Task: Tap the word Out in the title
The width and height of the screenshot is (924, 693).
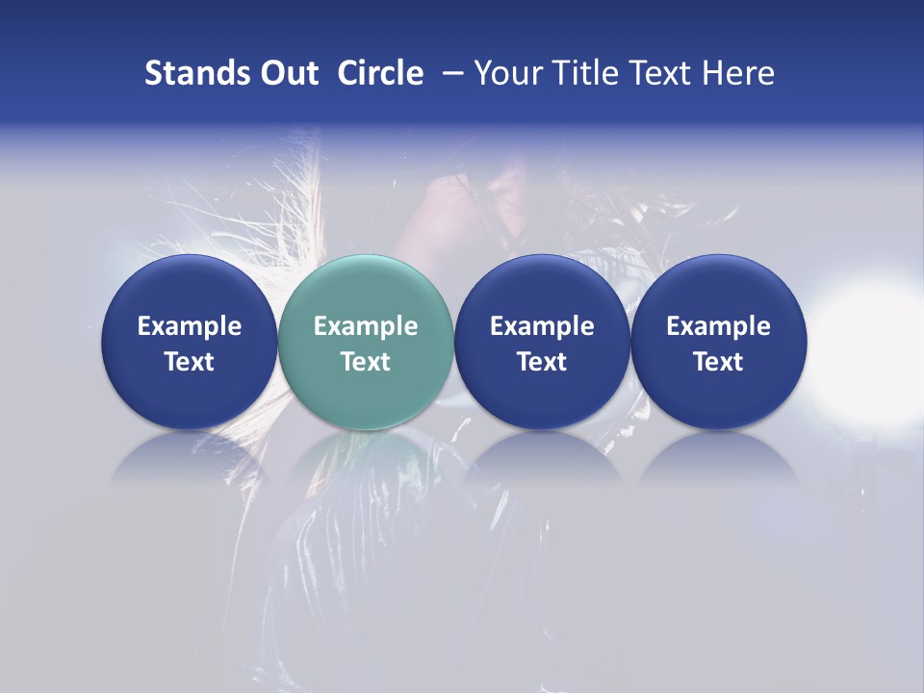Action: [288, 73]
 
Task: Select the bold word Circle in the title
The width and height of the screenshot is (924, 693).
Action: [380, 73]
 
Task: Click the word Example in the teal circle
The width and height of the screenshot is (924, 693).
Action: [366, 326]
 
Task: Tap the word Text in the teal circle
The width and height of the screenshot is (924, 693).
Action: [366, 362]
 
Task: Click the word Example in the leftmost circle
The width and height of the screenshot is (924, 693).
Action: [189, 326]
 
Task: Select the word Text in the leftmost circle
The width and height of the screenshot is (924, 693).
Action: [189, 362]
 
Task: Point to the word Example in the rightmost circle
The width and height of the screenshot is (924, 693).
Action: [719, 326]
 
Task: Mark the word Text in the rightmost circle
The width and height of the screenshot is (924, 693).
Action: [719, 362]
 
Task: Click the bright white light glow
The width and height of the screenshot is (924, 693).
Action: [871, 346]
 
